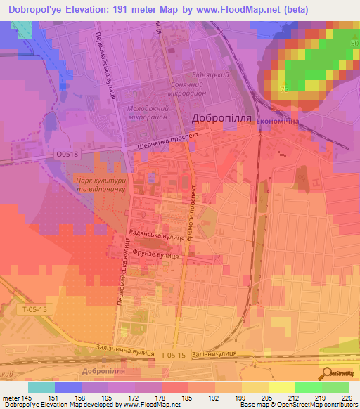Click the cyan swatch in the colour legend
pos(41,387)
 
